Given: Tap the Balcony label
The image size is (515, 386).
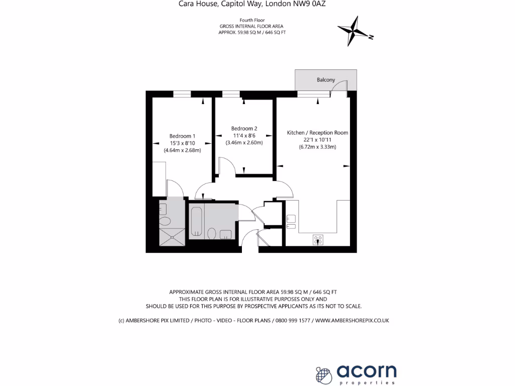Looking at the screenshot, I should click(x=326, y=80).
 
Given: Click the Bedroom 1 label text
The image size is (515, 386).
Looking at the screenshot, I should click(x=182, y=136).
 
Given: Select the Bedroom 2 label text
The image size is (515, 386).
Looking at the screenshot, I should click(x=244, y=128).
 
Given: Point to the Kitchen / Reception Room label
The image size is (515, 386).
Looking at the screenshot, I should click(x=317, y=133).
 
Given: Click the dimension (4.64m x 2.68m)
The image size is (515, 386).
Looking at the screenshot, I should click(x=182, y=150).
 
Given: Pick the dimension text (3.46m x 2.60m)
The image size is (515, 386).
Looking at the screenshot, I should click(x=244, y=143).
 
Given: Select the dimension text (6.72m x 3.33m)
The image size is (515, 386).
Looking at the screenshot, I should click(x=317, y=147).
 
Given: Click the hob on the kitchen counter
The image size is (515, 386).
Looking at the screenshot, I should click(x=318, y=240).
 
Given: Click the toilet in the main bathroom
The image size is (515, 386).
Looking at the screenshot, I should click(x=212, y=234).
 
